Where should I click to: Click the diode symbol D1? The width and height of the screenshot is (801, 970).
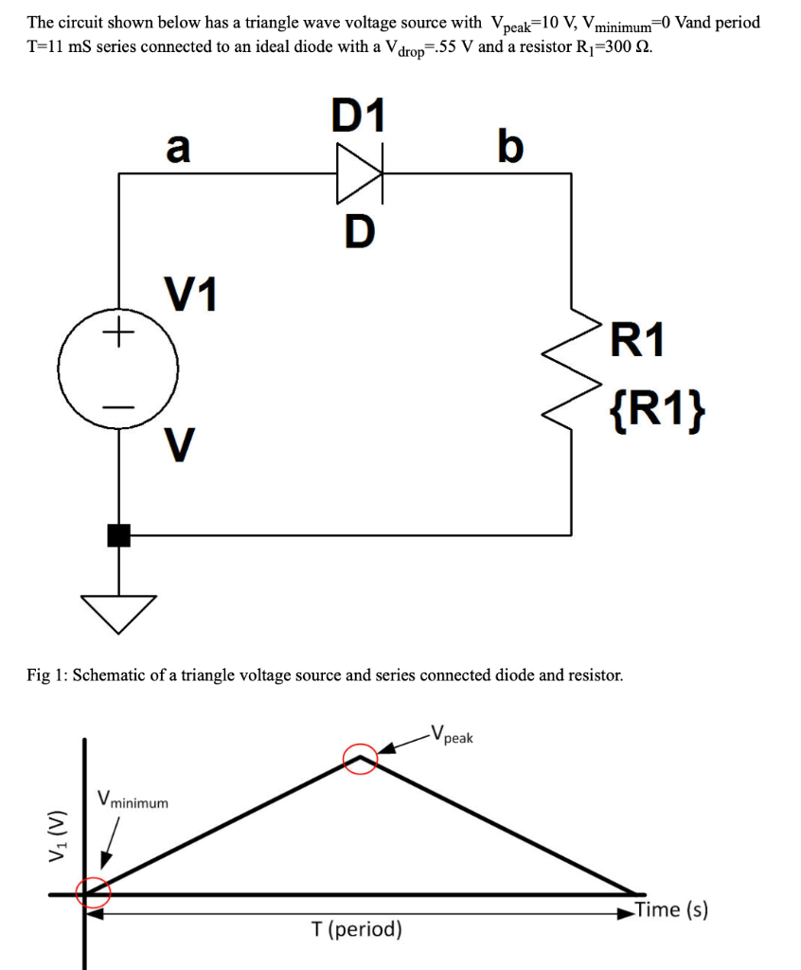[360, 173]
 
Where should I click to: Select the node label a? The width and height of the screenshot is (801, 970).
[177, 147]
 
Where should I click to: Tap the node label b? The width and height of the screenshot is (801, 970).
[508, 147]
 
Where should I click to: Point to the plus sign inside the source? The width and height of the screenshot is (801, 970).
[118, 332]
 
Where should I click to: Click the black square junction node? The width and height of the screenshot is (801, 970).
[118, 535]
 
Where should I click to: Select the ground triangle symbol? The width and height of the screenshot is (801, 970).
[118, 611]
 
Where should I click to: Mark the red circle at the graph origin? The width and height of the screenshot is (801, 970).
[93, 891]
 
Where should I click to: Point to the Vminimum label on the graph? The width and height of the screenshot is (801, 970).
[133, 800]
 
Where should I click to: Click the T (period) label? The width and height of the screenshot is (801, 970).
[356, 929]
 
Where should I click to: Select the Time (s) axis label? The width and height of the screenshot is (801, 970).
[671, 909]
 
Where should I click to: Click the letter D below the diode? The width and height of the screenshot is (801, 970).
[360, 230]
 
